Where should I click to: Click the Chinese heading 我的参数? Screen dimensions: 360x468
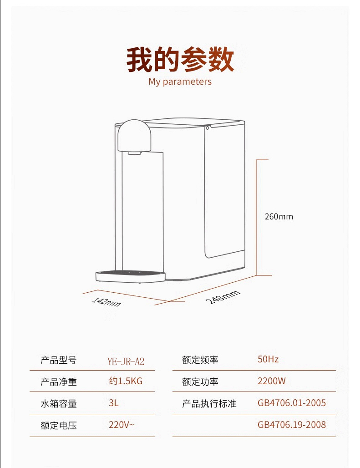pos(180,59)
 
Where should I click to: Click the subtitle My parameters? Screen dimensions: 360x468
pos(180,81)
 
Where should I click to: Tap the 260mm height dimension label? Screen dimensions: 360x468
pos(279,216)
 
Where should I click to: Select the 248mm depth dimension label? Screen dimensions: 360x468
pos(223,297)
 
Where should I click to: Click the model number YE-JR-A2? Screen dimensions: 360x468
pos(126,361)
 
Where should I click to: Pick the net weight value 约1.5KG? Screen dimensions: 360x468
pos(126,381)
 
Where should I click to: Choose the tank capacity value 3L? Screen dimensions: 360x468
pos(114,403)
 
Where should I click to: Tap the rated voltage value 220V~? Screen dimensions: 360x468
pos(122,425)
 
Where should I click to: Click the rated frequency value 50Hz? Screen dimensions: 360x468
pos(268,359)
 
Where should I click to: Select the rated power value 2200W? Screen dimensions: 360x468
pos(272,381)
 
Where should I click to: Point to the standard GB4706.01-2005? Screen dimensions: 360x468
pos(292,403)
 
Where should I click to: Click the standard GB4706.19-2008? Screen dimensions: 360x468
pos(292,425)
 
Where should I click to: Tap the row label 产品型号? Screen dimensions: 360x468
pos(59,360)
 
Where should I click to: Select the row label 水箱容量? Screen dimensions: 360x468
pos(59,403)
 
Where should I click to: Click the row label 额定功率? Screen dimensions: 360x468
pos(200,382)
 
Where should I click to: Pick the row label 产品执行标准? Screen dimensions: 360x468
pos(209,403)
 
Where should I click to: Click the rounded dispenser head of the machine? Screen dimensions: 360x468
pos(134,136)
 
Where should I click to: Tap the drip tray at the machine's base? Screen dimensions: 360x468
pos(130,276)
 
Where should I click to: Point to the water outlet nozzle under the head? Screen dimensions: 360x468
pos(135,153)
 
